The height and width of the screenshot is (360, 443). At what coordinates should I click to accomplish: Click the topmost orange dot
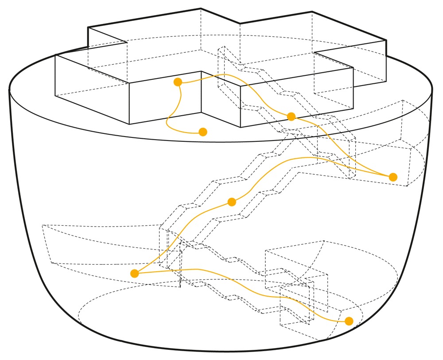(x=178, y=82)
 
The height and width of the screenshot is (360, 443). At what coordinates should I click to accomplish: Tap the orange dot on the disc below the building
(x=203, y=132)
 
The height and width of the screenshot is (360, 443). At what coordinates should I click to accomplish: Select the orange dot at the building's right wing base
(x=291, y=117)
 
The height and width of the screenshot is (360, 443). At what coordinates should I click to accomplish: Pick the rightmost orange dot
(x=393, y=177)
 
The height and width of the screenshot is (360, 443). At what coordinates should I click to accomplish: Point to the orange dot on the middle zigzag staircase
(x=231, y=202)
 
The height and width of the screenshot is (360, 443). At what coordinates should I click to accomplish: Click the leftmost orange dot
(x=135, y=274)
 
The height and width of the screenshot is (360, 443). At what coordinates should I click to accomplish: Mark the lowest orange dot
(x=349, y=321)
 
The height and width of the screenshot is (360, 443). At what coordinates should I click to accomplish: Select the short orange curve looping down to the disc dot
(x=169, y=120)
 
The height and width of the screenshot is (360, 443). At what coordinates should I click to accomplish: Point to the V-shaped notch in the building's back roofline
(x=240, y=23)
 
